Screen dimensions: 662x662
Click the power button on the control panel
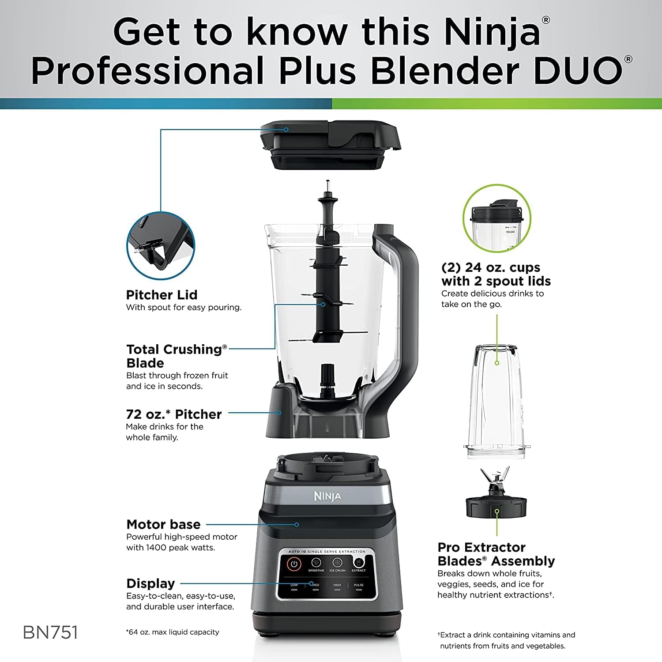(294, 564)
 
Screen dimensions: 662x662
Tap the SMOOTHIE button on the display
(316, 564)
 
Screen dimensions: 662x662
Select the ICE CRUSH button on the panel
(338, 564)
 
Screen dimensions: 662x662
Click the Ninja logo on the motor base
(327, 496)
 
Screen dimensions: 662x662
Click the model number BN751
(50, 632)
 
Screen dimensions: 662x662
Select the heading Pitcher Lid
(162, 295)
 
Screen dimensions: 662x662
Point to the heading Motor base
(163, 524)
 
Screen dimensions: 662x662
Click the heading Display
(150, 583)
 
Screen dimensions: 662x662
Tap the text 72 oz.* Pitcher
(173, 414)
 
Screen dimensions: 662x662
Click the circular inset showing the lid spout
(161, 245)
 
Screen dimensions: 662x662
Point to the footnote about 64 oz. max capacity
(173, 632)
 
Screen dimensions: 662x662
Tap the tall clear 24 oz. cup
(496, 402)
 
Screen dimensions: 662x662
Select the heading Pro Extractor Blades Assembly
(496, 554)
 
